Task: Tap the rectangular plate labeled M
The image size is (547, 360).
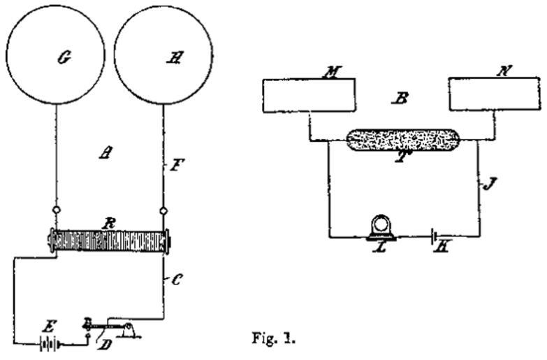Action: (308, 95)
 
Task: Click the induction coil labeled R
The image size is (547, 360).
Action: (109, 242)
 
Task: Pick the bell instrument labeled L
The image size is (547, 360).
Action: (382, 229)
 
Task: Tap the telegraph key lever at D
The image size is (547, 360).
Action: (112, 326)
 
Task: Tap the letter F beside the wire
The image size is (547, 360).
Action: (178, 167)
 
